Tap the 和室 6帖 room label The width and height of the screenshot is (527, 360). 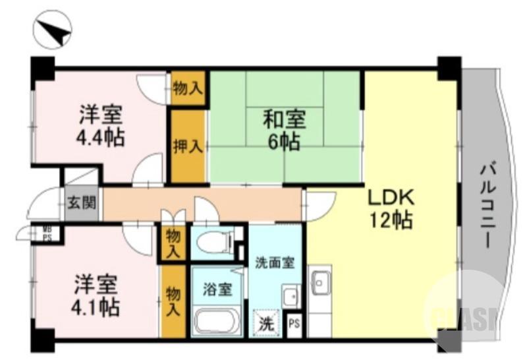pyautogui.click(x=285, y=131)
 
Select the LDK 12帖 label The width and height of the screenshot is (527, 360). pyautogui.click(x=390, y=208)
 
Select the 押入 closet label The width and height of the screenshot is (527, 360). pyautogui.click(x=187, y=146)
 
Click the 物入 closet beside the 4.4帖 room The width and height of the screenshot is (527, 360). pyautogui.click(x=186, y=86)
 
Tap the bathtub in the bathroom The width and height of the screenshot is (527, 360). pyautogui.click(x=218, y=323)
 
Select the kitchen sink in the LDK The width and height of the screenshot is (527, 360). pyautogui.click(x=320, y=283)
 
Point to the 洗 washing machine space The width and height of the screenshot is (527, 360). pyautogui.click(x=265, y=323)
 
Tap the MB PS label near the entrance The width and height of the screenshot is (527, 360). pyautogui.click(x=47, y=233)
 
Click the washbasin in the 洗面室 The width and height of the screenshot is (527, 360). pyautogui.click(x=291, y=295)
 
